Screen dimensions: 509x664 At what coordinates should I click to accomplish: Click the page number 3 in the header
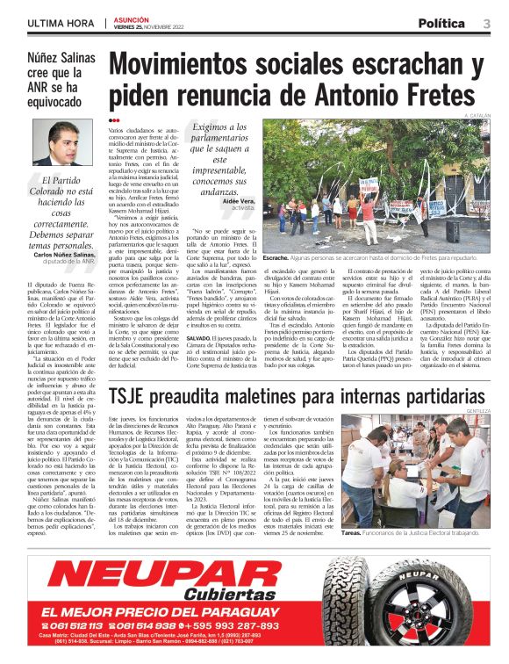tap(486, 23)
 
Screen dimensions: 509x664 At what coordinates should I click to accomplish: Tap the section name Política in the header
tap(441, 23)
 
